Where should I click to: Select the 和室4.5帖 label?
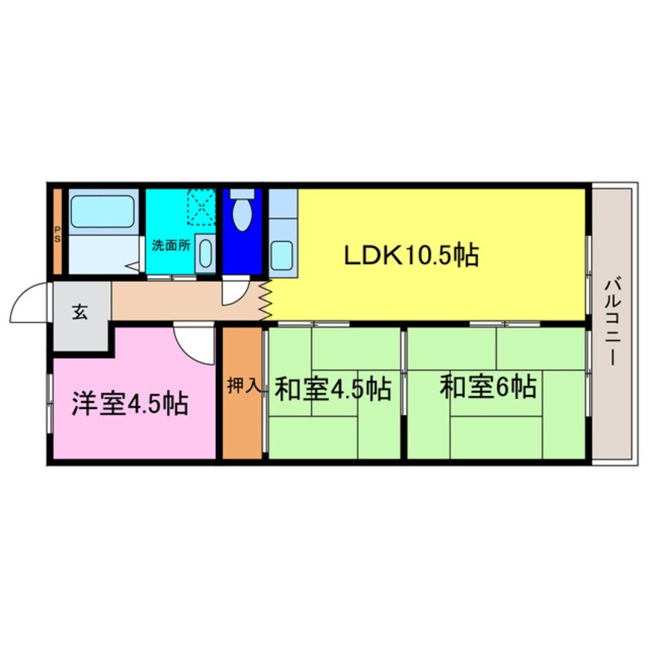[x=332, y=388]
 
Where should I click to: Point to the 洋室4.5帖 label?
[x=130, y=403]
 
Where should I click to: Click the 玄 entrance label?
[x=80, y=312]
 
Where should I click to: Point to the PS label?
[x=57, y=231]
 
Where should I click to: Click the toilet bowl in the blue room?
[x=242, y=214]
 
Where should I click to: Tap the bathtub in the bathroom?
[x=103, y=211]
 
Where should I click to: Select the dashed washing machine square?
[x=201, y=205]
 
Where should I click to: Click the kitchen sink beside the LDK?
[x=282, y=254]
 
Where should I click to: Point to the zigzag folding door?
[x=267, y=299]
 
